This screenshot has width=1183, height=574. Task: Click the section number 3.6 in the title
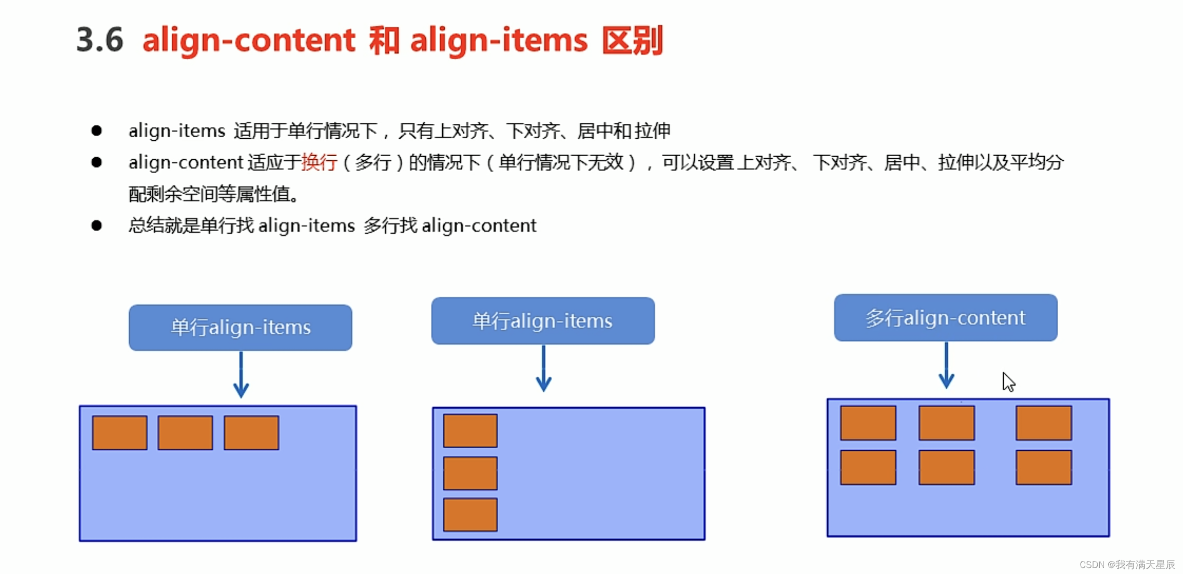(99, 40)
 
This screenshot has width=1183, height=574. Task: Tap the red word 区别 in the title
(633, 40)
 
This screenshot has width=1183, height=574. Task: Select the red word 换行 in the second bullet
(319, 163)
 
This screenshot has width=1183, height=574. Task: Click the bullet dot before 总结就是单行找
(96, 226)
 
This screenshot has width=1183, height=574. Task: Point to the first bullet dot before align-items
(96, 131)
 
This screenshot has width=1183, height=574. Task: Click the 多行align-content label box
(945, 318)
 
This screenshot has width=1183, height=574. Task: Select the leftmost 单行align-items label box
(240, 327)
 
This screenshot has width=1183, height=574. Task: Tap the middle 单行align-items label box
(543, 321)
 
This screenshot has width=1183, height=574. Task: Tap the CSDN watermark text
(1127, 565)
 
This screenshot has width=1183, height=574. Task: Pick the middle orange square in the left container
(185, 433)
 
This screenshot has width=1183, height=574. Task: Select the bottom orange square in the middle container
(470, 515)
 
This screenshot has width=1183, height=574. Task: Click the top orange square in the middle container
(470, 430)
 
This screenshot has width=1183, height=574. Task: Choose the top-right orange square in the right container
(1044, 423)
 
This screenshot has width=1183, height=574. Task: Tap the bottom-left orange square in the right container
(868, 468)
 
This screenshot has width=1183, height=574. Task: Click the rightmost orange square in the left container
(251, 433)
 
